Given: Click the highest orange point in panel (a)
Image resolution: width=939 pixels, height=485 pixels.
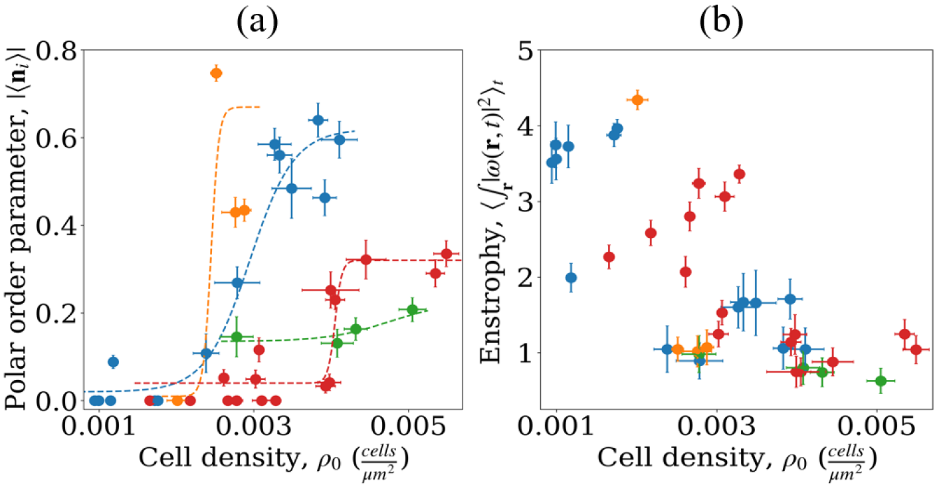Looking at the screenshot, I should click(216, 73).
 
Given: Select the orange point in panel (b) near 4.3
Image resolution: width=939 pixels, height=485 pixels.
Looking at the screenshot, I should click(637, 100).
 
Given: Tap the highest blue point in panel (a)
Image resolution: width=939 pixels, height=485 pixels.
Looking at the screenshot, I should click(318, 120).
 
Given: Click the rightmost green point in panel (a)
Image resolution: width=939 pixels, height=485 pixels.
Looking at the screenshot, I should click(412, 310).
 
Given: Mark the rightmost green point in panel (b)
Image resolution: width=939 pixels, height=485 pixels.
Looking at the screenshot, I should click(881, 381).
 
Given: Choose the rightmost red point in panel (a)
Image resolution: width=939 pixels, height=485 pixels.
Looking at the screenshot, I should click(447, 254).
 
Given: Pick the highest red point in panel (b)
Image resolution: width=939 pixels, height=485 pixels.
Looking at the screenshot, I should click(739, 174).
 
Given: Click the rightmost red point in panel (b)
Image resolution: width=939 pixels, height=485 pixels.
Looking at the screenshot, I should click(916, 349).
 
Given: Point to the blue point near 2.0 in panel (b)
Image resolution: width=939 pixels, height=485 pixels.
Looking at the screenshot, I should click(571, 278).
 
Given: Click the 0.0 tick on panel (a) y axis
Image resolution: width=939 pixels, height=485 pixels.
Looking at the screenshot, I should click(62, 401).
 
